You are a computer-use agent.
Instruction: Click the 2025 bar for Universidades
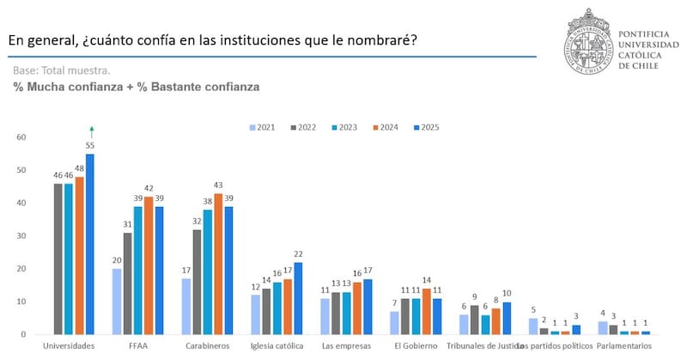[x=90, y=245]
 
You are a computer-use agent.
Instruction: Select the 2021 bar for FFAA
[x=117, y=302]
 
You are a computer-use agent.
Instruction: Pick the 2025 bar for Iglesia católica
[x=299, y=298]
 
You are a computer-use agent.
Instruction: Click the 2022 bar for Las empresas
[x=336, y=314]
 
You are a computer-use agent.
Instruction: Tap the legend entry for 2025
[x=427, y=127]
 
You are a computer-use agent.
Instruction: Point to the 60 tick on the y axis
[x=22, y=137]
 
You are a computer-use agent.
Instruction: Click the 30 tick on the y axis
[x=22, y=236]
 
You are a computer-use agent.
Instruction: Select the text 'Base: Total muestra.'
[x=61, y=70]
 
